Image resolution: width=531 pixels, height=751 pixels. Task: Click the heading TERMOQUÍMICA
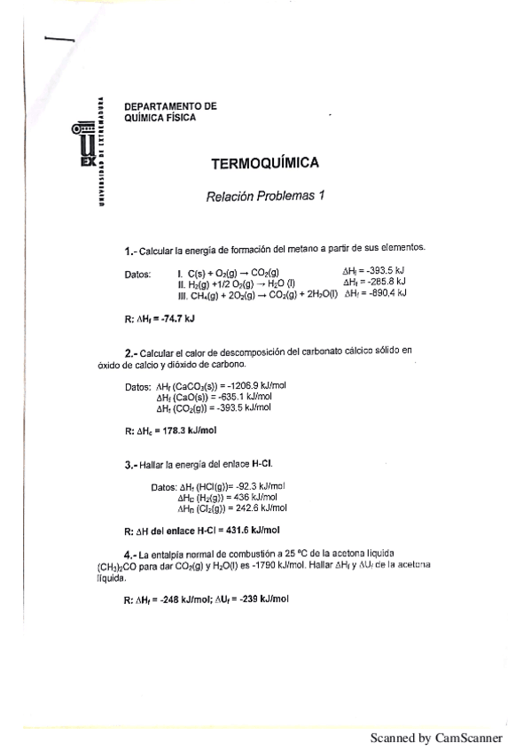pyautogui.click(x=265, y=165)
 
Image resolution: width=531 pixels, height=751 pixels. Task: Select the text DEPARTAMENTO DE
pyautogui.click(x=170, y=106)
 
